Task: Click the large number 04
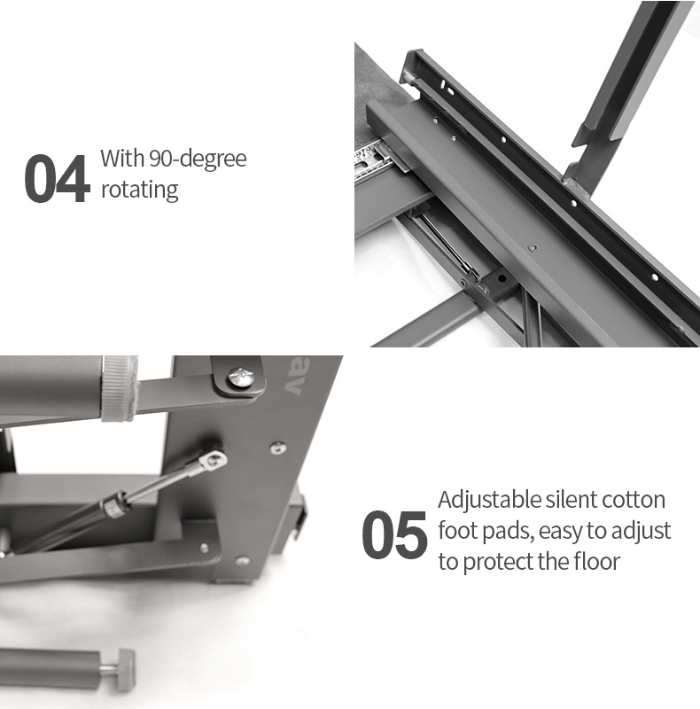click(55, 178)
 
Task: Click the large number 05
click(394, 534)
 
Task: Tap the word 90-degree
click(198, 160)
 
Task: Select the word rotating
click(139, 190)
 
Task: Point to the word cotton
click(633, 500)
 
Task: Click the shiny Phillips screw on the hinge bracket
click(241, 378)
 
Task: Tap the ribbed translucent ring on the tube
click(119, 388)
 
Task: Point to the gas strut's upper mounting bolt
click(214, 459)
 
